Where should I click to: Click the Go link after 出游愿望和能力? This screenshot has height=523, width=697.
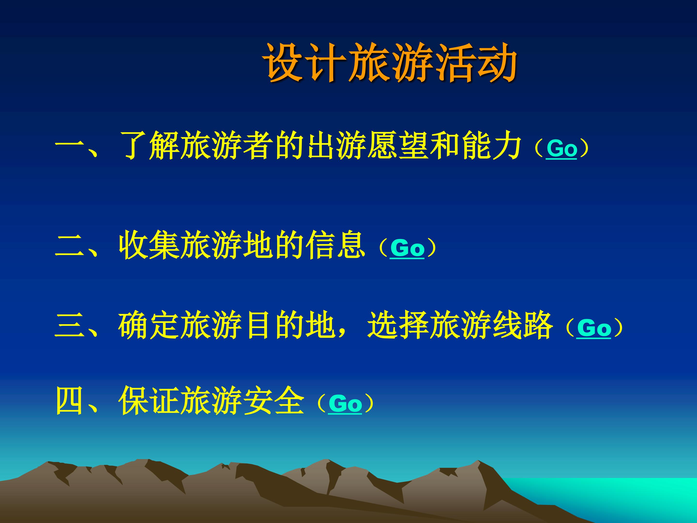561,148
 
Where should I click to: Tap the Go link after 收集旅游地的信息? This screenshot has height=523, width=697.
407,248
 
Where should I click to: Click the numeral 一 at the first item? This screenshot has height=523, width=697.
70,146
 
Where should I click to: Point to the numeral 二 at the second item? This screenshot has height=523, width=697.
70,248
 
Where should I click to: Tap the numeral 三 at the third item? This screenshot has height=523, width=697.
70,326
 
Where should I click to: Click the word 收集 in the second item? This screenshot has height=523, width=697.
149,246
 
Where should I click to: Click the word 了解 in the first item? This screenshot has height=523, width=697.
149,146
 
